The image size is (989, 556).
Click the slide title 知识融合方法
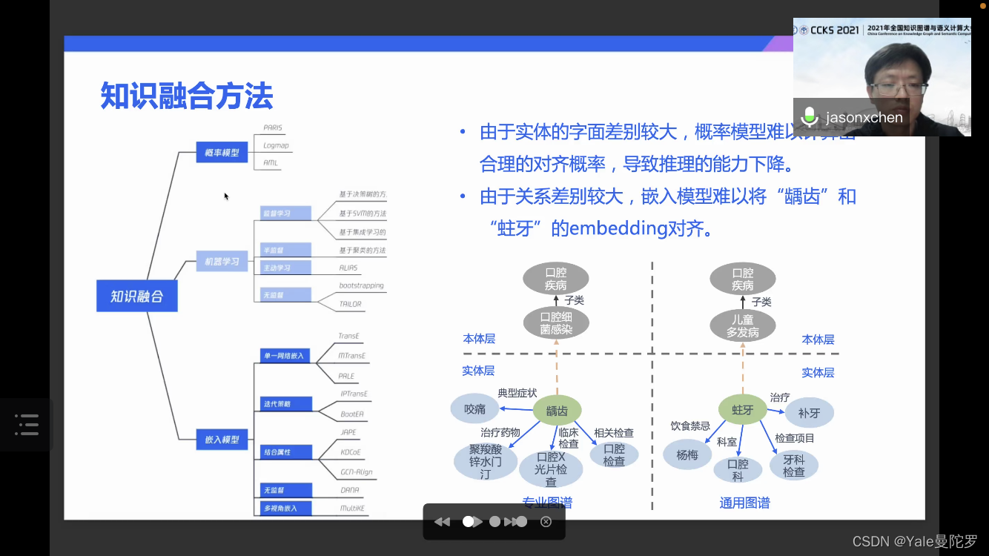pyautogui.click(x=187, y=96)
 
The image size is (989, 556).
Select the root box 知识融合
pyautogui.click(x=136, y=296)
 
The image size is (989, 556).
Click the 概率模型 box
pyautogui.click(x=222, y=153)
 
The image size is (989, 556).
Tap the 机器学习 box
pyautogui.click(x=222, y=262)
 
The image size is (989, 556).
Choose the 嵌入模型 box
pyautogui.click(x=222, y=440)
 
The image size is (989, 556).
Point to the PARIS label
pyautogui.click(x=273, y=128)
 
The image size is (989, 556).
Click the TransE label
pyautogui.click(x=348, y=336)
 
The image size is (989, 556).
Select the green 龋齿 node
pyautogui.click(x=557, y=410)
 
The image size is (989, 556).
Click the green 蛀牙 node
pyautogui.click(x=743, y=409)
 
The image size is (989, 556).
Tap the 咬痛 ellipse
pyautogui.click(x=474, y=408)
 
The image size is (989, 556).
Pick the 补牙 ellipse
pyautogui.click(x=809, y=412)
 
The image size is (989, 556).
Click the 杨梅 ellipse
pyautogui.click(x=687, y=454)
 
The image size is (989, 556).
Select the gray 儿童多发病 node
pyautogui.click(x=742, y=326)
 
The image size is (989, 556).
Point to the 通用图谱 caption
pyautogui.click(x=744, y=503)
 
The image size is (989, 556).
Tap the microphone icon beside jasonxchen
pyautogui.click(x=810, y=116)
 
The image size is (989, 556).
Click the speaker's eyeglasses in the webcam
pyautogui.click(x=899, y=88)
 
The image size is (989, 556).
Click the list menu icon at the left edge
pyautogui.click(x=27, y=424)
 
